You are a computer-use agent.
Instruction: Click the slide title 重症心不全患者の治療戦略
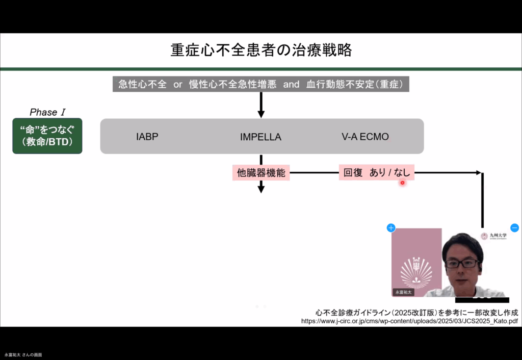point(260,50)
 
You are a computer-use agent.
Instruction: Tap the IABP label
point(147,137)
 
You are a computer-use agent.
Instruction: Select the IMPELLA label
point(260,137)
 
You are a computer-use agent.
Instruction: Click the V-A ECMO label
point(365,137)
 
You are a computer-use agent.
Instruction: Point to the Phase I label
point(47,112)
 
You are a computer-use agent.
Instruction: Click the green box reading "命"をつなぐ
point(47,136)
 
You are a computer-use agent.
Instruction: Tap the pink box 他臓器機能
point(261,173)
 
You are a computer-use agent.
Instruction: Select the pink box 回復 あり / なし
point(376,173)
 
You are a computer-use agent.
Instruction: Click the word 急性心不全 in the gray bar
point(142,84)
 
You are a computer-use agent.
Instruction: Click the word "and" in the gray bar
point(291,84)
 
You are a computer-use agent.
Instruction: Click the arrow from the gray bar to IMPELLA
point(261,105)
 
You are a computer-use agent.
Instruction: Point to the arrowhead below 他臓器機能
point(261,189)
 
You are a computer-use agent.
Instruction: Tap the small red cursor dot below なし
point(402,182)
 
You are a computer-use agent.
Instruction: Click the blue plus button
point(391,228)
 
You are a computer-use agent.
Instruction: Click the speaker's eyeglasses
point(462,264)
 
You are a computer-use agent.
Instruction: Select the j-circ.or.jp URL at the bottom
point(409,321)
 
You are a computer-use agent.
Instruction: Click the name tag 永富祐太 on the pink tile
point(403,292)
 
